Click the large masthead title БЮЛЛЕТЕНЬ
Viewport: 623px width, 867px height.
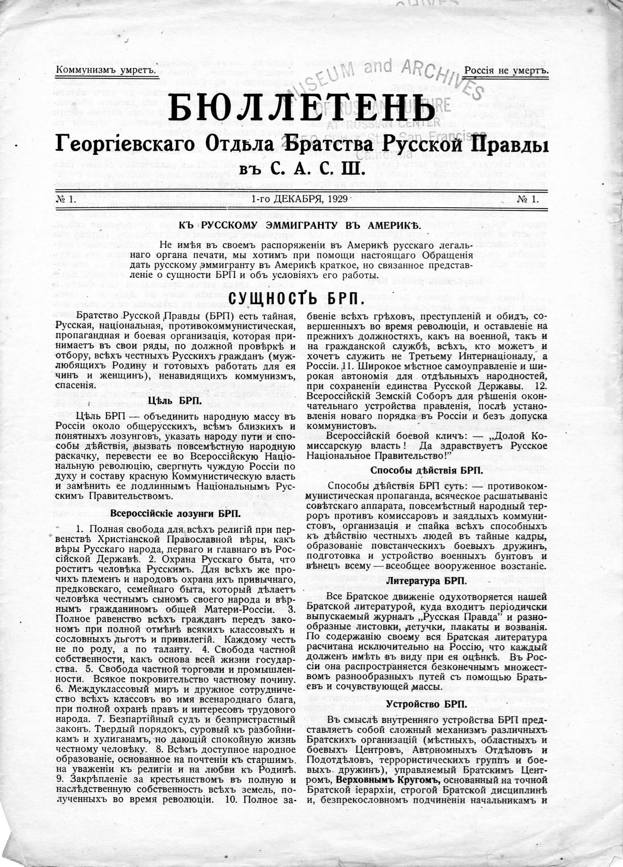pyautogui.click(x=302, y=109)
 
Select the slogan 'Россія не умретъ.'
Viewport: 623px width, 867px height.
pyautogui.click(x=506, y=71)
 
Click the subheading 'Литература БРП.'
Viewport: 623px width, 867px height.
pyautogui.click(x=427, y=581)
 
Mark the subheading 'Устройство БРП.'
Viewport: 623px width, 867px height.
pyautogui.click(x=427, y=704)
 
